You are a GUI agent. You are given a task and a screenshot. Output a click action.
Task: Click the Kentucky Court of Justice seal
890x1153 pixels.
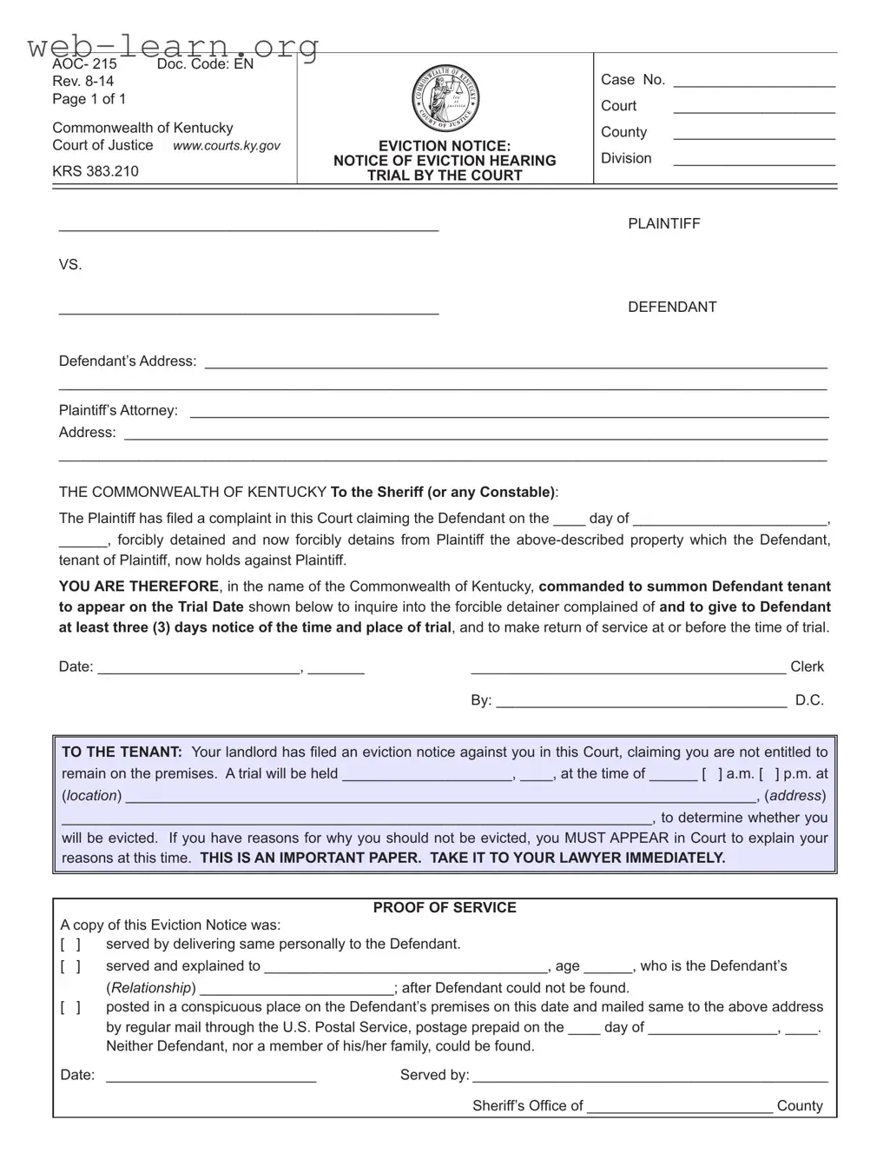[x=445, y=98]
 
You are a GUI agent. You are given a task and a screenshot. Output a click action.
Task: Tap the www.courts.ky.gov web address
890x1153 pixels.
[x=227, y=146]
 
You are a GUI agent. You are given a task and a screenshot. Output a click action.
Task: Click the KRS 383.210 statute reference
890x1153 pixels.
[x=96, y=171]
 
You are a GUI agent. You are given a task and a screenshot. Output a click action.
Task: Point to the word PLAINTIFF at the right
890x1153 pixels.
[x=663, y=224]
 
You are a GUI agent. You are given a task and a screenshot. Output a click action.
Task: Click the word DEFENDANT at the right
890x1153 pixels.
[x=672, y=308]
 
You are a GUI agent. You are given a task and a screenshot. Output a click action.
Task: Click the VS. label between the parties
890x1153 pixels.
[x=70, y=265]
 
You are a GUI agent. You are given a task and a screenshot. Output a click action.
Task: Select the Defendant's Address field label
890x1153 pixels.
[x=127, y=361]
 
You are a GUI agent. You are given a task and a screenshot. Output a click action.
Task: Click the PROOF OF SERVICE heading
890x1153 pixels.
[x=445, y=908]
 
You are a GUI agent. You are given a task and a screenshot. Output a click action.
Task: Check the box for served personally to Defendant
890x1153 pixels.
[x=70, y=944]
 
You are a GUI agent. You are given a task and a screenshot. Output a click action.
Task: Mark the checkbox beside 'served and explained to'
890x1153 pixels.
[x=70, y=966]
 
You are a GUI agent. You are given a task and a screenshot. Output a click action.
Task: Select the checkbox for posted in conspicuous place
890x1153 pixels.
[x=70, y=1008]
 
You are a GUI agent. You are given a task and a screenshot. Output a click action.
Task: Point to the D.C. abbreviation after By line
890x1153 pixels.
[x=809, y=700]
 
